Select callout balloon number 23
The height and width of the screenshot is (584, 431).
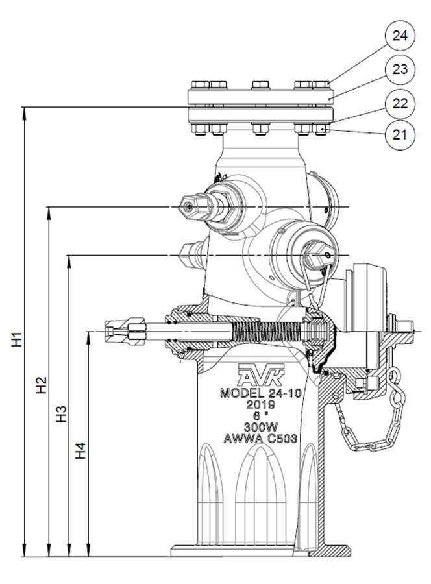[400, 69]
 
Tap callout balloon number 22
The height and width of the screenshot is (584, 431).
[400, 102]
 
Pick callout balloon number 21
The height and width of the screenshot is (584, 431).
[400, 135]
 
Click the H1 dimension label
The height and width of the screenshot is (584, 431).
[17, 339]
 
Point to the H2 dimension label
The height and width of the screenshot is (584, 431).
[41, 385]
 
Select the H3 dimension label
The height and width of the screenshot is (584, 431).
[61, 414]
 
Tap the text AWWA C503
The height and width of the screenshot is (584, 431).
[260, 439]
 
